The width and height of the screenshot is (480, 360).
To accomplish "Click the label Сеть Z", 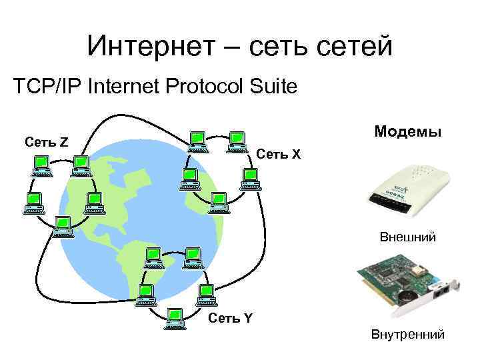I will point(45,141).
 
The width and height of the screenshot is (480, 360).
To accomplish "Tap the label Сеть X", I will point(279,155).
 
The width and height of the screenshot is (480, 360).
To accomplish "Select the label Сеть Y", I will point(230,317).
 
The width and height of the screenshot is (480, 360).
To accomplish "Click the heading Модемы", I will point(407,132).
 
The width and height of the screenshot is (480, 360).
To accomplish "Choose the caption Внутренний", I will point(408,335).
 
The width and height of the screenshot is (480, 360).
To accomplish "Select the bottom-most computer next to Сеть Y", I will point(175,317).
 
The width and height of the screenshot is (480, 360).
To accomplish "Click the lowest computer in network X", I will point(218,202).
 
